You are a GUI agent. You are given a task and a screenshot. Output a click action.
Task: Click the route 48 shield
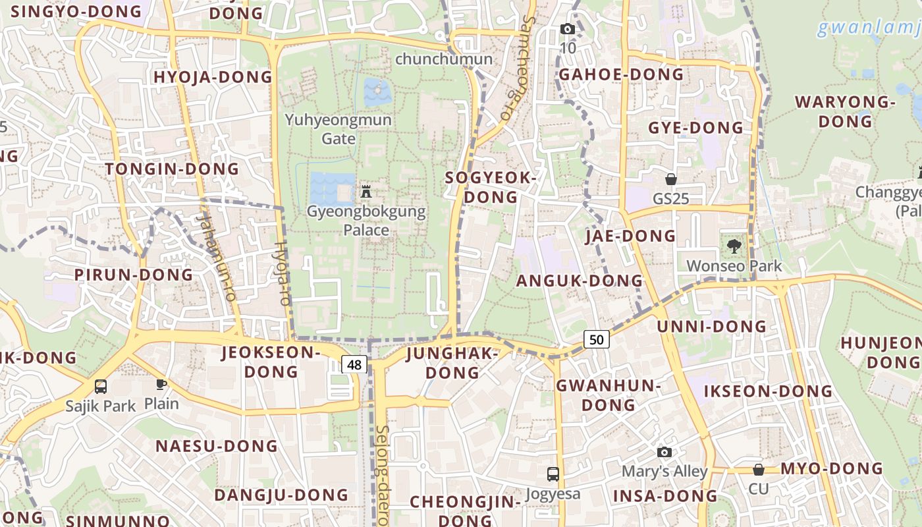point(354,364)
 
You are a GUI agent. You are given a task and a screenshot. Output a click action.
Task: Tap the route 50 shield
point(596,340)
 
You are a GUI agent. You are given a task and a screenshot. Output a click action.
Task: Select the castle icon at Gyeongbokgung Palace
point(367,192)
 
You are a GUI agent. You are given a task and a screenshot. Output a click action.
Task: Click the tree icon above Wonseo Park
point(734,246)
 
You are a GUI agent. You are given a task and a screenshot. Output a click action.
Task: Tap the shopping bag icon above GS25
point(671,179)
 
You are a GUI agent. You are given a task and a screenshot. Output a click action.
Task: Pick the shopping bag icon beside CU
point(759,470)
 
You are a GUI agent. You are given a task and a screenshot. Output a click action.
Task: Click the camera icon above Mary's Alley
point(664,452)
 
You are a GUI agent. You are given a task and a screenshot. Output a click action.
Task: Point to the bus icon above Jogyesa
point(553,474)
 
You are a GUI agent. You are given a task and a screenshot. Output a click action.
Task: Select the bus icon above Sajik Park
point(101,387)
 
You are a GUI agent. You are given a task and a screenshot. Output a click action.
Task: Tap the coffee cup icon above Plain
point(161,384)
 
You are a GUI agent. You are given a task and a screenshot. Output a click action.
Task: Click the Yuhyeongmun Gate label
point(339,129)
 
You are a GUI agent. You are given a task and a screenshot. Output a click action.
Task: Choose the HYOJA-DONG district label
point(213,77)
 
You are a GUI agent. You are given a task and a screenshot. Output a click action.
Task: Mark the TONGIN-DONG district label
point(172,169)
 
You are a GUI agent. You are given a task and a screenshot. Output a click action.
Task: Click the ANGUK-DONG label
point(579,281)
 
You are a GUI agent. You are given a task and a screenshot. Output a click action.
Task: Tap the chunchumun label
point(443,59)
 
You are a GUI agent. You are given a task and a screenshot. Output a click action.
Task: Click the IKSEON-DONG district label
point(768,391)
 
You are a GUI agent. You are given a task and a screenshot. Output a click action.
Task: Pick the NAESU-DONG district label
point(217,446)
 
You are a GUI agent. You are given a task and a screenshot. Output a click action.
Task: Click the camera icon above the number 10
point(567,29)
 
